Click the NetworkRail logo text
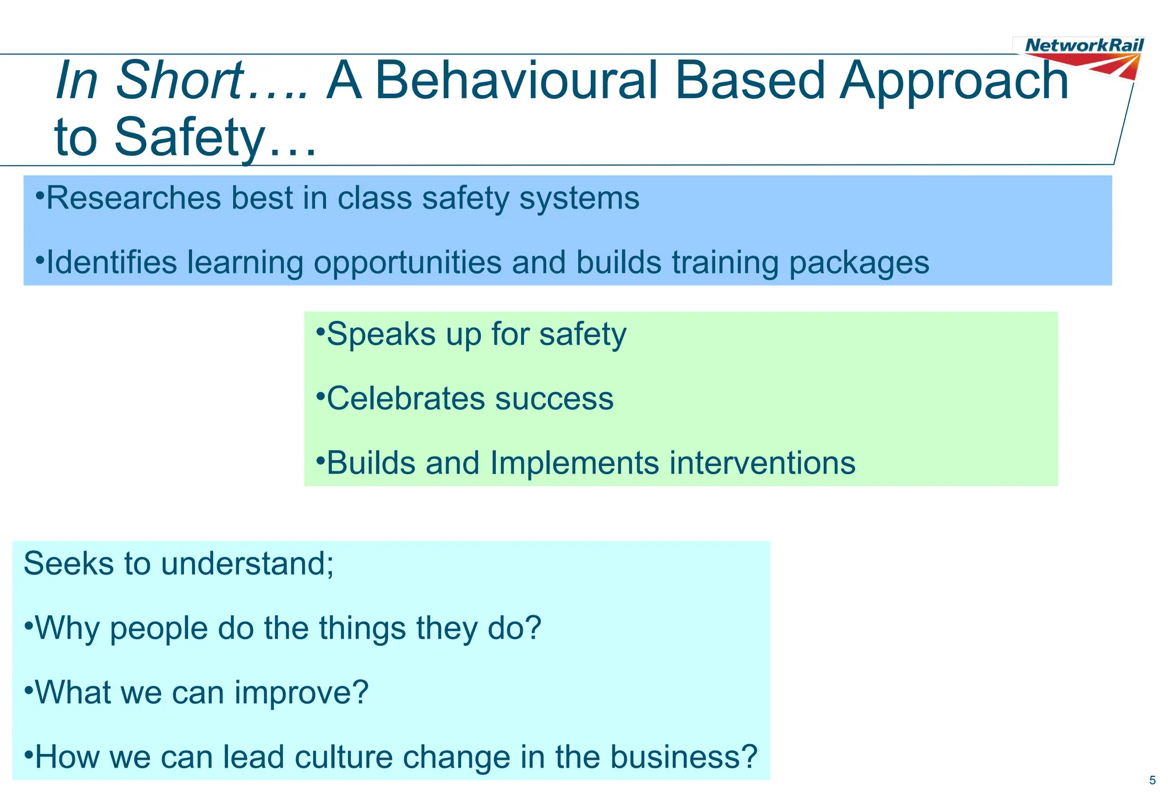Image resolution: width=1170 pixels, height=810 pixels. tap(1084, 45)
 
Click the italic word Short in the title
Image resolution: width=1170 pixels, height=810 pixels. tap(179, 81)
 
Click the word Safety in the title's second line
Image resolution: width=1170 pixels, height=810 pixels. tap(189, 138)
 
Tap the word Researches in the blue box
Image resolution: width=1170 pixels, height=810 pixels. tap(133, 199)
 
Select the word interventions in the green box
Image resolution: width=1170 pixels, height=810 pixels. tap(762, 463)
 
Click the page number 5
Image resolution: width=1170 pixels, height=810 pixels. tap(1152, 780)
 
